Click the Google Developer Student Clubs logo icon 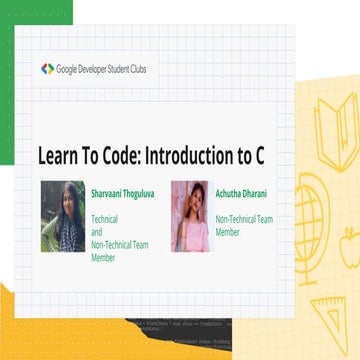(47, 68)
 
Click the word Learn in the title (61, 157)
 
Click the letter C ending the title (270, 157)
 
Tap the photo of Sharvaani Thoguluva (62, 216)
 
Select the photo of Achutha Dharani (189, 216)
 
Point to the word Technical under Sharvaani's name (105, 218)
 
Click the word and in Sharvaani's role (97, 231)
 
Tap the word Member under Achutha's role (229, 231)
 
